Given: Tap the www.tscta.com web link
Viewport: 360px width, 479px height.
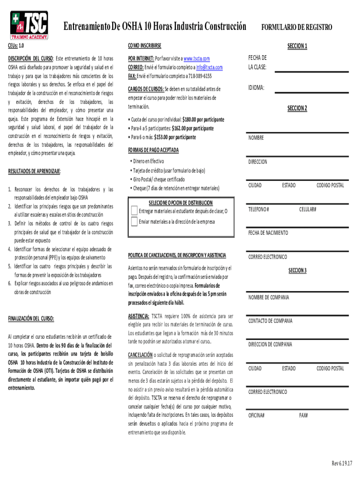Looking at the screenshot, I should [x=196, y=58].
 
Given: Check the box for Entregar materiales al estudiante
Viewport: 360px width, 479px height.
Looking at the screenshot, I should [x=134, y=211].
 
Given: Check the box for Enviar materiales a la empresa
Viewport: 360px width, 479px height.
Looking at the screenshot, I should [x=134, y=221].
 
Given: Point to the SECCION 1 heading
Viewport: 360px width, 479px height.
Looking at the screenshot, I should [x=297, y=46].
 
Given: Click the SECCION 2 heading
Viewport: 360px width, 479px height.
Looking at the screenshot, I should [x=297, y=109].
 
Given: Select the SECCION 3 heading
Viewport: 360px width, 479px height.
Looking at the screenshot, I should [x=297, y=270].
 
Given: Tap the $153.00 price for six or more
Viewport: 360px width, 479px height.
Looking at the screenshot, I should [x=175, y=137].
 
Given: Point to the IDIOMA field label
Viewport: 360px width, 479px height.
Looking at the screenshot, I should [x=257, y=87].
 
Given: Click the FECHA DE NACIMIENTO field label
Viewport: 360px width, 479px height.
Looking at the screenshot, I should [x=268, y=232].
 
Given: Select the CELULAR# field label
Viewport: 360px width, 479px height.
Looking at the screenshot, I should [x=308, y=209].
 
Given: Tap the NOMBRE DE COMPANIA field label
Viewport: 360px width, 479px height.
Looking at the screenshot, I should [x=268, y=297].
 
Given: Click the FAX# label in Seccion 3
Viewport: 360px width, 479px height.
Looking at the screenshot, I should [x=303, y=415].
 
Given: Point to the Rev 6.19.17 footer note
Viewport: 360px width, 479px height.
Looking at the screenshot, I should [x=342, y=463].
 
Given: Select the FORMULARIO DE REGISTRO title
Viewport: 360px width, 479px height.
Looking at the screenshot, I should [x=296, y=27].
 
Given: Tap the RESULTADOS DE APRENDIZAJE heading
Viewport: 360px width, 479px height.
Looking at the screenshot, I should [x=34, y=172].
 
